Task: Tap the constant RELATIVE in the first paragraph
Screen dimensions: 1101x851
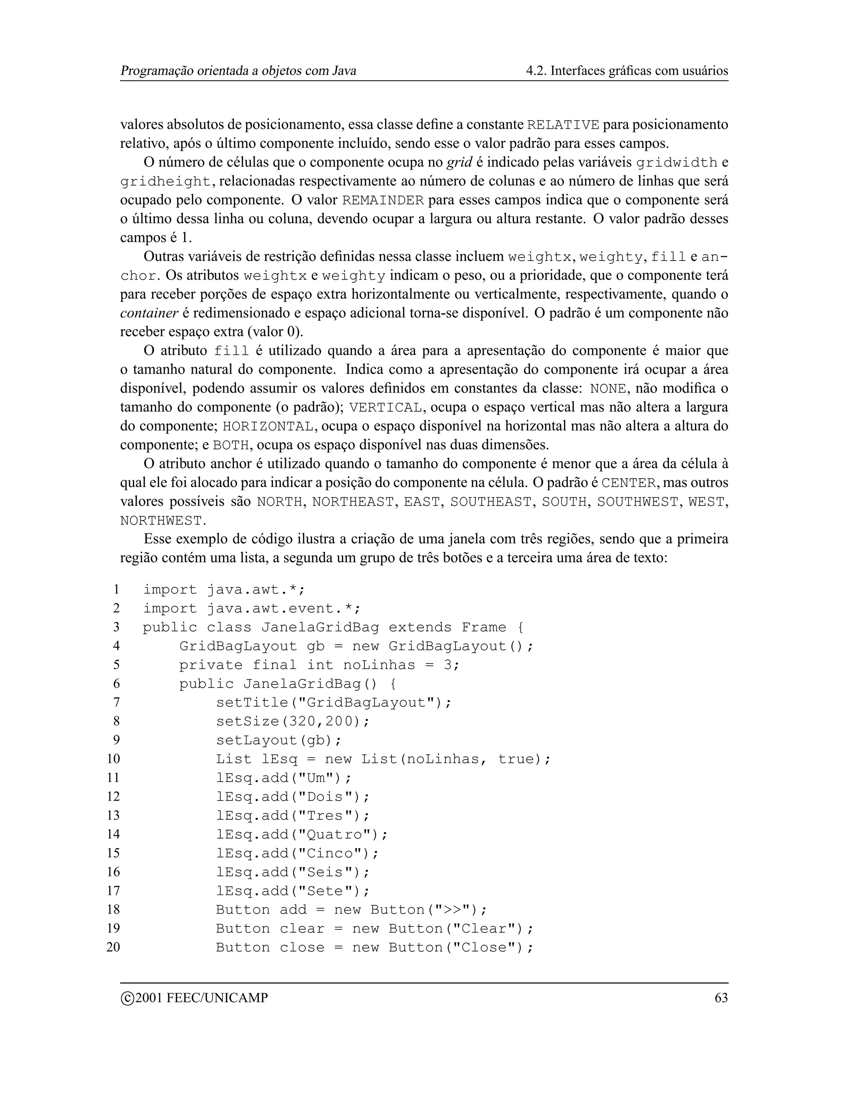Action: (x=563, y=125)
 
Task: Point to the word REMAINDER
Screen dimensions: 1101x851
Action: (x=383, y=201)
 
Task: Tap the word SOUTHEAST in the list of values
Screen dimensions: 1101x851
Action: (x=491, y=502)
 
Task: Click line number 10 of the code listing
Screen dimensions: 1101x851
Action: (x=113, y=759)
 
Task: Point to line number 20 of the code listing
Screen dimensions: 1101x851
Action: (x=113, y=947)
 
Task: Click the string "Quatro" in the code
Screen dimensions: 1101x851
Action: (x=334, y=834)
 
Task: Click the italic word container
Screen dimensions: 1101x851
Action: (x=149, y=313)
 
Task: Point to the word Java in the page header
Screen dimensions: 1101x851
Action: (x=344, y=71)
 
